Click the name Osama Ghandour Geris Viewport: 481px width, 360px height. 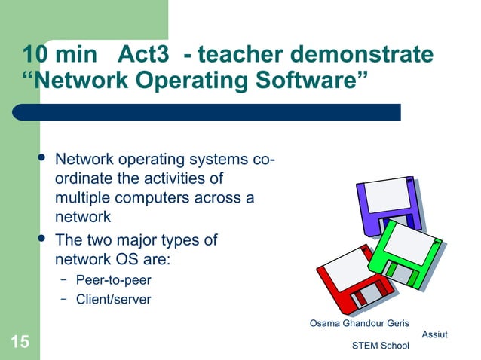coord(360,324)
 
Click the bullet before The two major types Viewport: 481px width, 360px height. coord(41,239)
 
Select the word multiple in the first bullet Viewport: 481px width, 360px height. coord(81,198)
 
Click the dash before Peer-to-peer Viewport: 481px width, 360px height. coord(65,280)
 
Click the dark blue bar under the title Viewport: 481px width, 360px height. coord(211,111)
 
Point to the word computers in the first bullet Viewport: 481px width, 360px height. coord(160,198)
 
